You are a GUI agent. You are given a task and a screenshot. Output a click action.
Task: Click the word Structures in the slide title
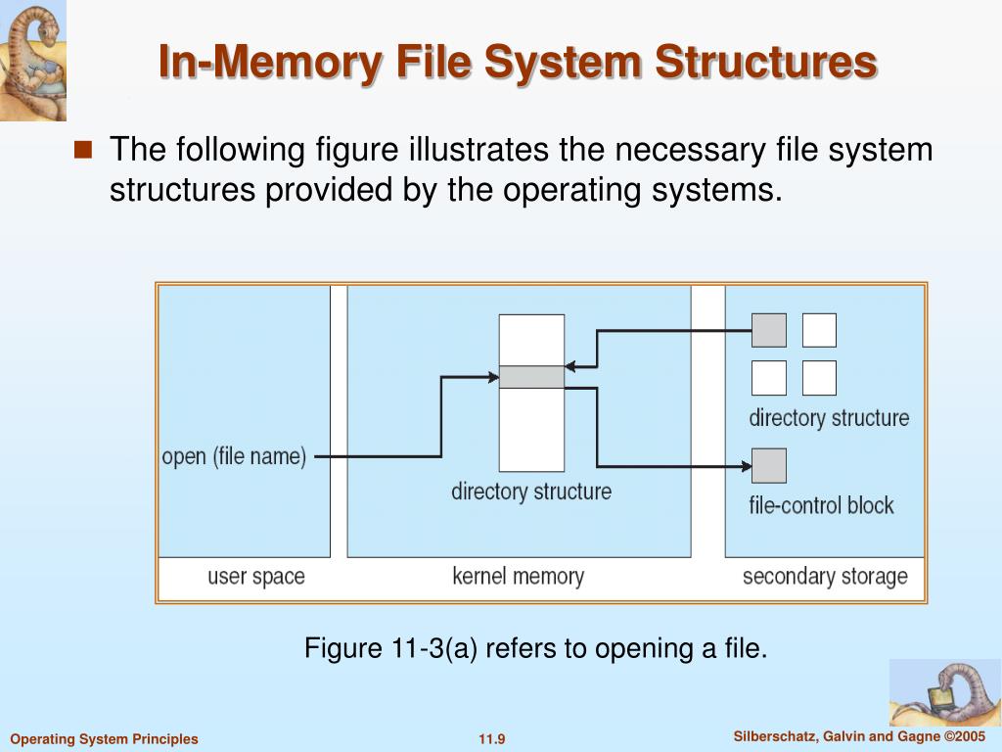[x=765, y=62]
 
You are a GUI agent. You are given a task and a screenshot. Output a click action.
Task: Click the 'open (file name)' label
[x=234, y=456]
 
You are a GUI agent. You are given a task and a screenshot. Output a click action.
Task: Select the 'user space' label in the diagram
[x=255, y=576]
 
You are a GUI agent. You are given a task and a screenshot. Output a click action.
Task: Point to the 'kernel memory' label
[x=518, y=576]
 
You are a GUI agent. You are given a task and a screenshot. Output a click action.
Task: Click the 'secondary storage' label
[x=825, y=576]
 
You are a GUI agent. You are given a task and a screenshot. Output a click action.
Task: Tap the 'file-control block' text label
[x=821, y=505]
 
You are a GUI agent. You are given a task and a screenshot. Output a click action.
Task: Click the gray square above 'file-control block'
[x=768, y=465]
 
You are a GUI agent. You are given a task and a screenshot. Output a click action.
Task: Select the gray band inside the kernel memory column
[x=531, y=377]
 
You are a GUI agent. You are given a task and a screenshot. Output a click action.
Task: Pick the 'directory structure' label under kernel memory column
[x=530, y=491]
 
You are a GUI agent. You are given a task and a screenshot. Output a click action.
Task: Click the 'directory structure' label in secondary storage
[x=829, y=418]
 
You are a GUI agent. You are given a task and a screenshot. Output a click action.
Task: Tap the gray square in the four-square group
[x=768, y=330]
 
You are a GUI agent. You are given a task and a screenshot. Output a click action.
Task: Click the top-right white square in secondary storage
[x=819, y=330]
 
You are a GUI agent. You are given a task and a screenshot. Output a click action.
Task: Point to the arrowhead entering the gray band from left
[x=492, y=376]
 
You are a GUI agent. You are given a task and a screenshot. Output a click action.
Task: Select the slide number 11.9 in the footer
[x=491, y=739]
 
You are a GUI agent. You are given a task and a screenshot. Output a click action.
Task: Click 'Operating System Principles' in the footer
[x=104, y=739]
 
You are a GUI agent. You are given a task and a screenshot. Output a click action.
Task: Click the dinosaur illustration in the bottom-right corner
[x=944, y=692]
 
